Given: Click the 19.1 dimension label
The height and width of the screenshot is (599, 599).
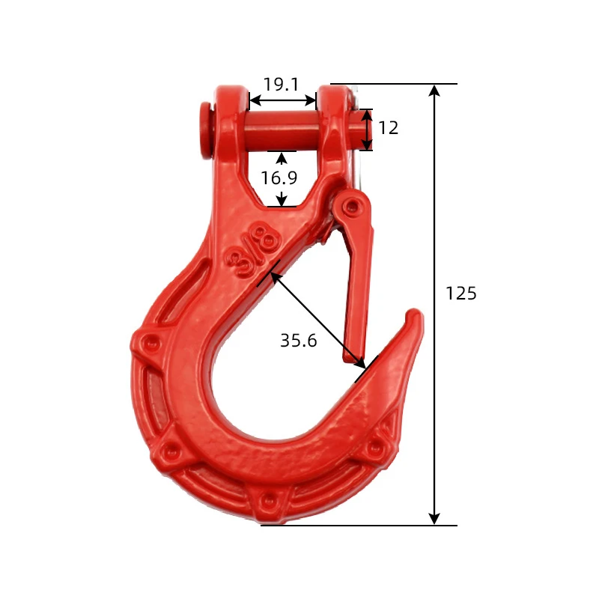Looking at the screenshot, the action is (281, 85).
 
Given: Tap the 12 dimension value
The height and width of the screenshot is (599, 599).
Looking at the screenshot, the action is (388, 127).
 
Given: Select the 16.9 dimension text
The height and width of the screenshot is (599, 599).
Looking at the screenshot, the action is (279, 177).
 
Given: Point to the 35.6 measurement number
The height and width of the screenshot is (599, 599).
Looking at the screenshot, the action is (298, 340).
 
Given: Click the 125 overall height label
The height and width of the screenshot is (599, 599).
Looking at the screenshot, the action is (461, 294).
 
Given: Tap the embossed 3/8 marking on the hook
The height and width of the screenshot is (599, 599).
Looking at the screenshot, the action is (253, 250).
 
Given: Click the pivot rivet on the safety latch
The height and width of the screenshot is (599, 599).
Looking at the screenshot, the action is (350, 207).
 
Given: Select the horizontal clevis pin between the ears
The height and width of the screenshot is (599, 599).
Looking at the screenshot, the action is (283, 130).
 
